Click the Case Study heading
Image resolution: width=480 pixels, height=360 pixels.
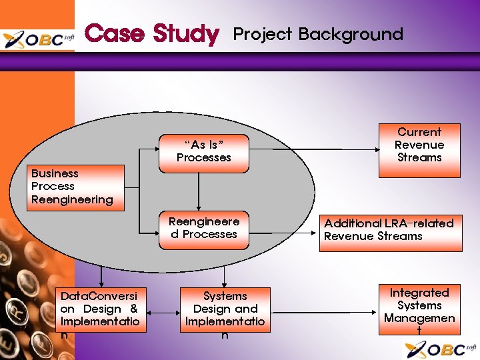tap(152, 34)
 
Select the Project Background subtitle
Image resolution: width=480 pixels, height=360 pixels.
tap(317, 34)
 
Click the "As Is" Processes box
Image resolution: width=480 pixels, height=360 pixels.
tap(203, 151)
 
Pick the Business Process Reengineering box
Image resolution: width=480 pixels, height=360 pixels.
tap(77, 187)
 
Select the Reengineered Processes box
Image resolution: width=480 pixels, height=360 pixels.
tap(203, 228)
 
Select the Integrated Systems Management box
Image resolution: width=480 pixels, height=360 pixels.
tap(419, 310)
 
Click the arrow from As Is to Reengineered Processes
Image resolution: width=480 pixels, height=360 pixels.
tap(198, 190)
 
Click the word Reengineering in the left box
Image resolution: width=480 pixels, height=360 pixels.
tap(72, 199)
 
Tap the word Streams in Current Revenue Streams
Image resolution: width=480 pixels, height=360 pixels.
tap(419, 158)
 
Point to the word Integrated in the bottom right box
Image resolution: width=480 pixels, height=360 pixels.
tap(419, 293)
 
